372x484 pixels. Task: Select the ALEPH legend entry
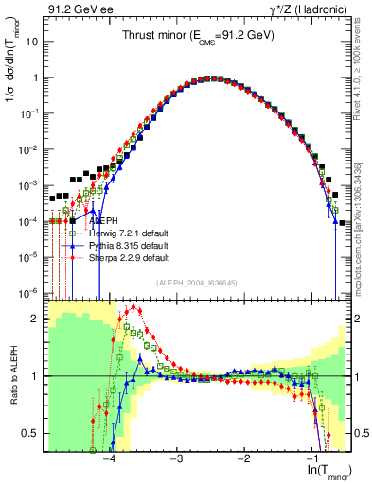point(104,220)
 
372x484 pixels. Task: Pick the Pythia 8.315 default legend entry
point(127,245)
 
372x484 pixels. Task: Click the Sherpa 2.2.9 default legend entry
point(128,257)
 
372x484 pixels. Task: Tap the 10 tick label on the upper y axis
point(31,43)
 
